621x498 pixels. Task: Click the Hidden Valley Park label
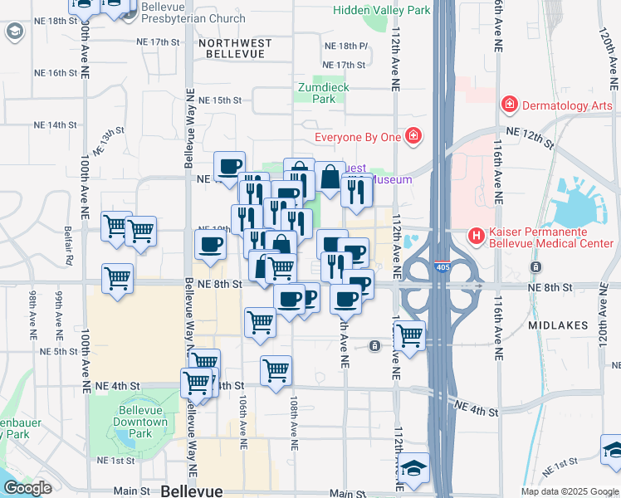tap(382, 11)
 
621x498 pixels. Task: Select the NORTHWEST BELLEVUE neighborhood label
tap(232, 47)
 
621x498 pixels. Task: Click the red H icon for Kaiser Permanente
tap(477, 236)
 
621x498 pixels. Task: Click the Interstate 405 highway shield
tap(443, 267)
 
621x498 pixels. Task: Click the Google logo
tap(27, 488)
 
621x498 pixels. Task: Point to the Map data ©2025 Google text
tap(570, 491)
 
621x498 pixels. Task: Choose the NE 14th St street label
tap(55, 124)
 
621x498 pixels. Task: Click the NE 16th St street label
tap(56, 73)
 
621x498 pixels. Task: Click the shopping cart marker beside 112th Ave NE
tap(409, 335)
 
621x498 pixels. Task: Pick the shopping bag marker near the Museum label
tap(330, 178)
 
